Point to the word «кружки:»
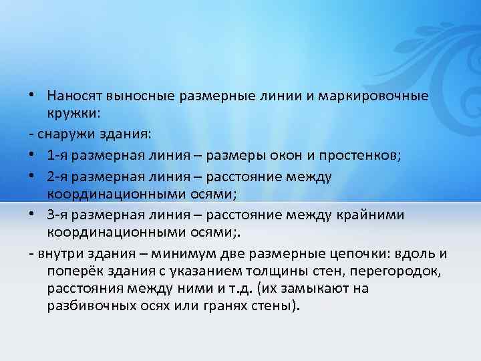(73, 113)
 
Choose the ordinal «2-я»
(58, 176)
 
